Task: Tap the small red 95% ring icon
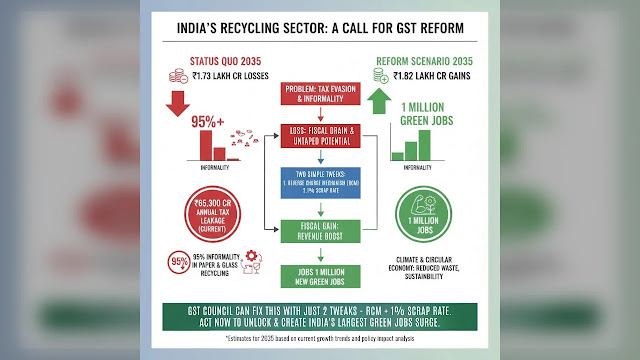(x=181, y=264)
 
